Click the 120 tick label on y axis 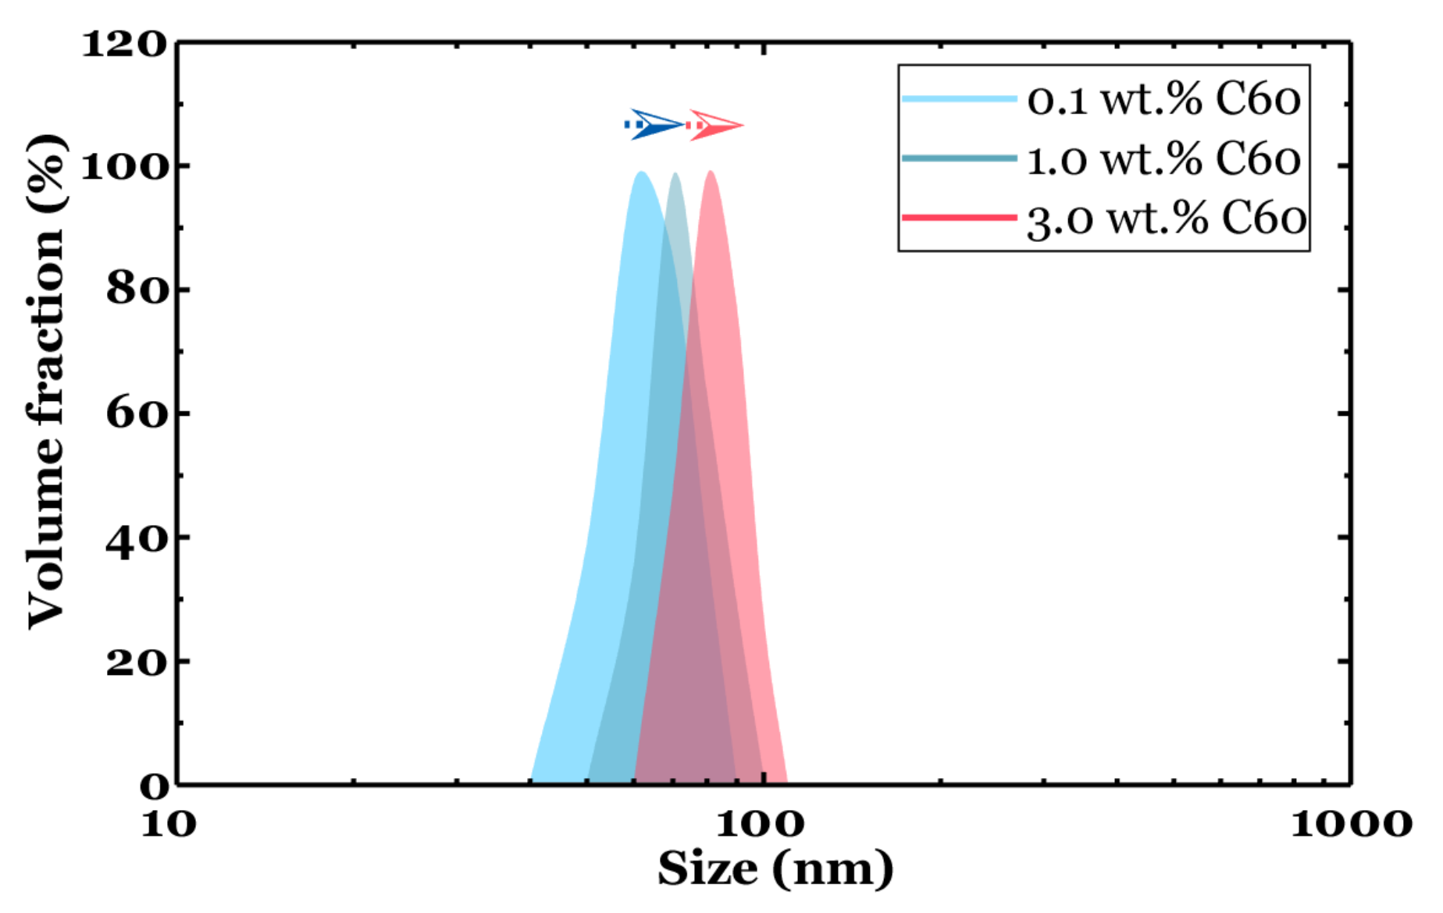click(125, 44)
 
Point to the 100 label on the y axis click(125, 166)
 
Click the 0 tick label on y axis click(154, 786)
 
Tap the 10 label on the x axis click(169, 824)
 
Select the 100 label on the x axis click(760, 824)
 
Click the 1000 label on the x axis click(1351, 824)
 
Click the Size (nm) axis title click(775, 869)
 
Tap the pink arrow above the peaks click(714, 125)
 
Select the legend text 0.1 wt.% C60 click(1163, 100)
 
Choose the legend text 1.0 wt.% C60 click(1163, 159)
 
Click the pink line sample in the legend click(959, 217)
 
